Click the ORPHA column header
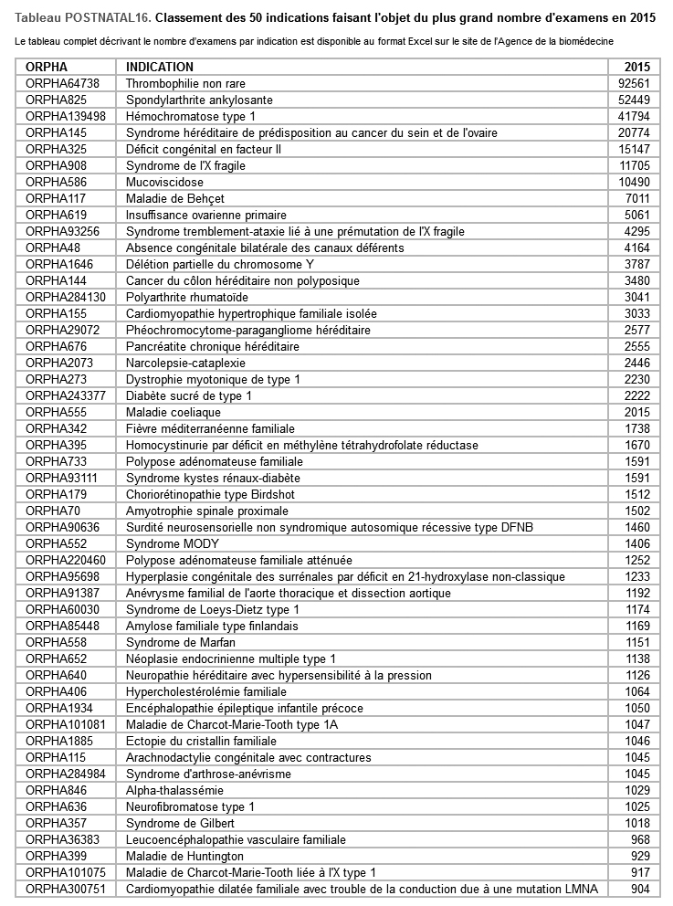[47, 67]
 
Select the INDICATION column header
[160, 67]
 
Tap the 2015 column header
[636, 67]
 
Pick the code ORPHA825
[56, 100]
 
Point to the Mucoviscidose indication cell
[164, 182]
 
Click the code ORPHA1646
[59, 264]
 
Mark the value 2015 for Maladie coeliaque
[636, 412]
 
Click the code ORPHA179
[56, 494]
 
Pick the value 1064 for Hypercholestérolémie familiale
[636, 691]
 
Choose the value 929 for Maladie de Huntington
[640, 856]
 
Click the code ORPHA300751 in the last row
[66, 889]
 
